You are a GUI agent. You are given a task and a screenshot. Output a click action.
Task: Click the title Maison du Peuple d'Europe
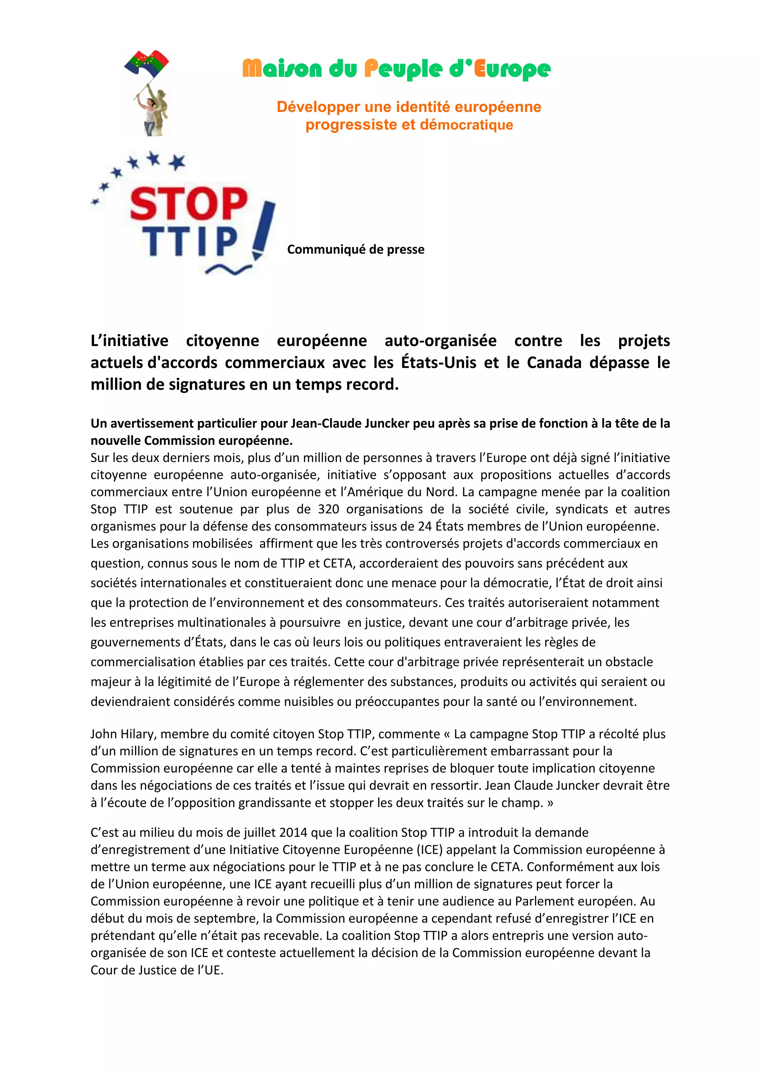point(396,69)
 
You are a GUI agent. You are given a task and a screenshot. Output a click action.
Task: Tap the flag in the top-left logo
point(146,64)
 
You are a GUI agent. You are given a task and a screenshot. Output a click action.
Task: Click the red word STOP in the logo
point(188,204)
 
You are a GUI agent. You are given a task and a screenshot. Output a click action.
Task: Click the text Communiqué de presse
point(356,249)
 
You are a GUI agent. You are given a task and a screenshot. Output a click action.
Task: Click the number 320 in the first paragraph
point(328,509)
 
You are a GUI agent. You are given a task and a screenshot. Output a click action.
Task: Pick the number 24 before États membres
point(425,526)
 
